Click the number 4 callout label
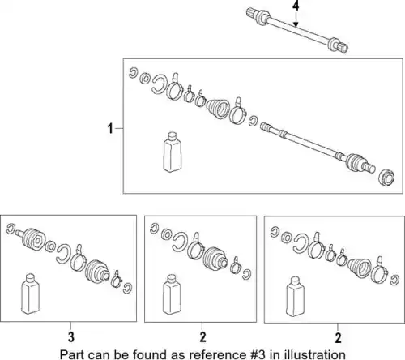click(x=296, y=6)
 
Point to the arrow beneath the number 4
click(x=296, y=19)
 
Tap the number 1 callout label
click(x=110, y=128)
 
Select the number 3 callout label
click(x=70, y=337)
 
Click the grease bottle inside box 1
click(x=173, y=152)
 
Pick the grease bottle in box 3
click(x=30, y=294)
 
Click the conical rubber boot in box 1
click(x=219, y=108)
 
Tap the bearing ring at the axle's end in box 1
click(x=386, y=178)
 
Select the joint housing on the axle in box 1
click(x=355, y=162)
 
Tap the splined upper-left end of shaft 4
click(x=251, y=13)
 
